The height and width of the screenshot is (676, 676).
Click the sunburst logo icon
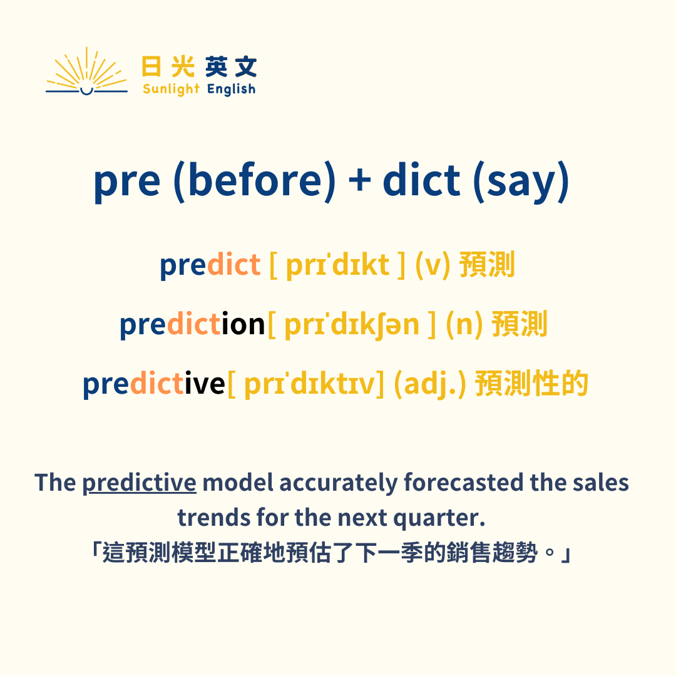point(86,73)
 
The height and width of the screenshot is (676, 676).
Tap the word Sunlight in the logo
point(171,89)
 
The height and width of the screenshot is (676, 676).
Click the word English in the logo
point(231,89)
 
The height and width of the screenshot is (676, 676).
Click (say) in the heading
point(521,180)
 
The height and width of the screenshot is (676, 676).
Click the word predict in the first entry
point(210,265)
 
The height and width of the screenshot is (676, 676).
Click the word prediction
point(192,324)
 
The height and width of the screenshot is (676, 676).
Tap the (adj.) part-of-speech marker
point(430,384)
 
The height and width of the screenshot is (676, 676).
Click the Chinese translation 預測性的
point(532,384)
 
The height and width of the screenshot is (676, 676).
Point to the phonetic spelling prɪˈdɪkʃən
point(351,324)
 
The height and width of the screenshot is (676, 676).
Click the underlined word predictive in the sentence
point(139,483)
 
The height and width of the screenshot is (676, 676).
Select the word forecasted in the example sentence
point(463,483)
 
